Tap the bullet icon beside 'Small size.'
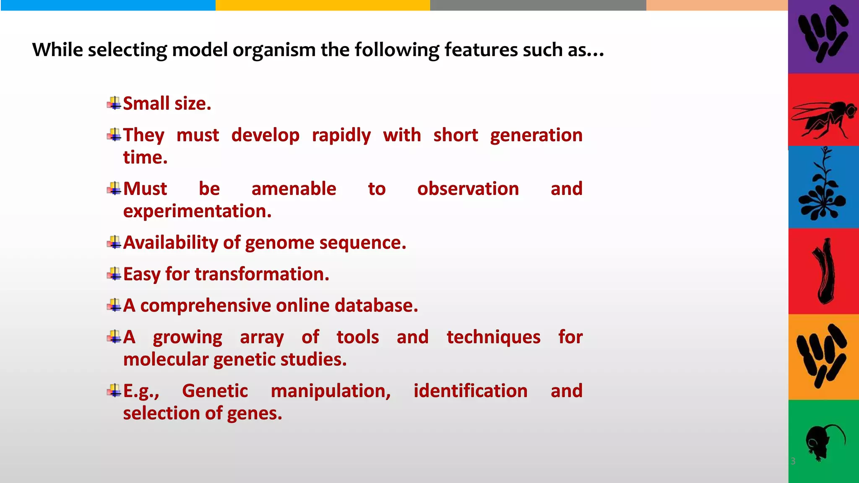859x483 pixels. click(114, 103)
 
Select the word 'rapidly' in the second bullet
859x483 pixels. click(341, 135)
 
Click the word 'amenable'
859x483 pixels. click(294, 189)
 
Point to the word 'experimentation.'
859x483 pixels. click(197, 211)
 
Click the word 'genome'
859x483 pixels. click(279, 243)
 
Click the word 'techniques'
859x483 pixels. click(493, 337)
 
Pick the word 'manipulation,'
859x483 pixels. click(331, 391)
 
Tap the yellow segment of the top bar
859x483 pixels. click(323, 5)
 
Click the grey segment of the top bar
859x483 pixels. click(538, 5)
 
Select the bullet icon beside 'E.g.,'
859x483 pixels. click(114, 391)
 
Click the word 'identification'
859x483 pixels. click(470, 391)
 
